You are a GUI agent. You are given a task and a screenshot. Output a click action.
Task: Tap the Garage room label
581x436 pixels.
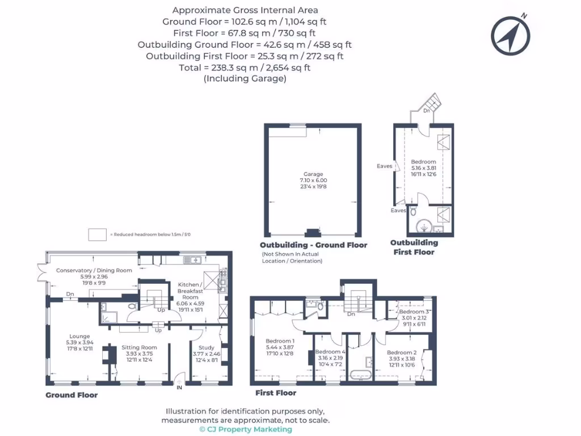click(x=313, y=174)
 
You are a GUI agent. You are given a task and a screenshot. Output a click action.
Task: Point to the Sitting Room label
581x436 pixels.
click(x=139, y=347)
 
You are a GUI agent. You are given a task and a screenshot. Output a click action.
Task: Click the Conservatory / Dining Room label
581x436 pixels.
click(x=94, y=270)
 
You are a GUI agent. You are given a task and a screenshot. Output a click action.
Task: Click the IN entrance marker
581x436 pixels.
click(x=180, y=388)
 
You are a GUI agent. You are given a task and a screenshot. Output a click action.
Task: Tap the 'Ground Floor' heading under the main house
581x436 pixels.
click(x=71, y=395)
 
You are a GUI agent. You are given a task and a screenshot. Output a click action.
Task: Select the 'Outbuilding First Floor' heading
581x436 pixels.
click(x=414, y=247)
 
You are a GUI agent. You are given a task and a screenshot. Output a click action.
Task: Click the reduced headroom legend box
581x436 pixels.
click(x=98, y=234)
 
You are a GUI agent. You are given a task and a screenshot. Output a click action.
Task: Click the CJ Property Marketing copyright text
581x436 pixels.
click(x=246, y=429)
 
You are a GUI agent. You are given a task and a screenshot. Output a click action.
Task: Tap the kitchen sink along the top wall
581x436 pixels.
click(x=196, y=260)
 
